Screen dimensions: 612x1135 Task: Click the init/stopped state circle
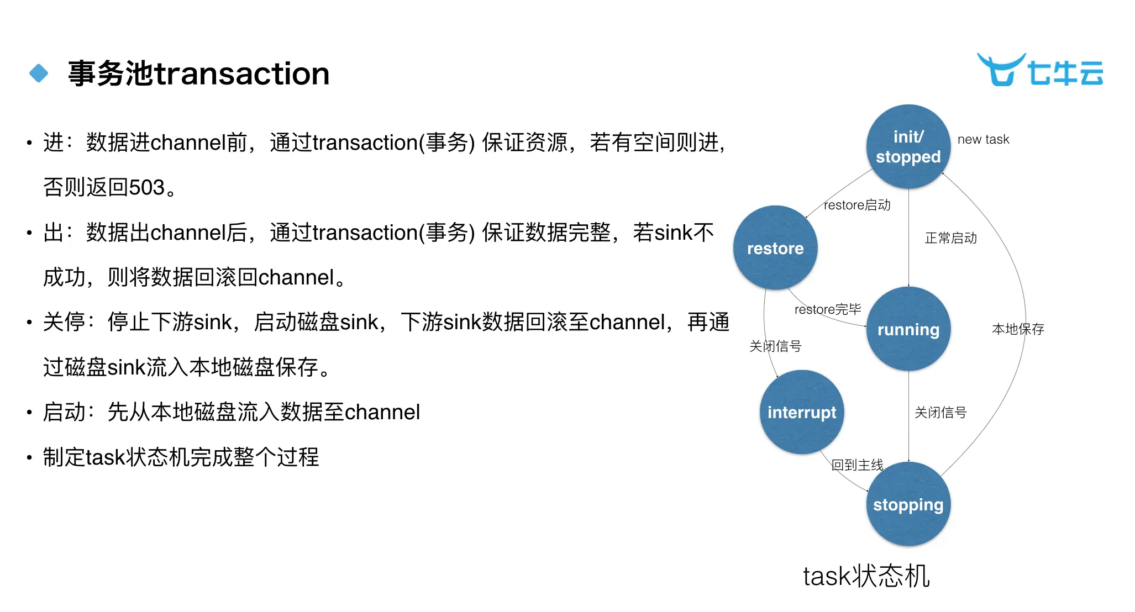[x=908, y=146]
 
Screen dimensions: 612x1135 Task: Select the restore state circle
[x=775, y=248]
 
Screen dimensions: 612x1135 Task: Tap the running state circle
[x=908, y=329]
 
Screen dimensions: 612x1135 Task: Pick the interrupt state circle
[x=802, y=412]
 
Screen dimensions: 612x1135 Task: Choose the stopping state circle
[x=908, y=504]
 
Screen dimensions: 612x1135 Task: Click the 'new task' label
[x=983, y=139]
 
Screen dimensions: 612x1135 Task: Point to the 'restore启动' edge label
[x=857, y=205]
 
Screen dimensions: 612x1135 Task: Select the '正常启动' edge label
[x=950, y=238]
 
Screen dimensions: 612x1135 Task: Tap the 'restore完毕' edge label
[x=828, y=309]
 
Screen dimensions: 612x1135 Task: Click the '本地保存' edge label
[x=1018, y=329]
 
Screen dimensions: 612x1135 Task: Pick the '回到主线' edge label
[x=857, y=465]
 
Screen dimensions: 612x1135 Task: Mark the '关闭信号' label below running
[x=940, y=413]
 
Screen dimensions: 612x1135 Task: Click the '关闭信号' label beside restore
[x=775, y=346]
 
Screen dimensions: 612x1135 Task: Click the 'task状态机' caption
[x=866, y=576]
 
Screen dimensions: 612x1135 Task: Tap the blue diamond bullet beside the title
[x=39, y=73]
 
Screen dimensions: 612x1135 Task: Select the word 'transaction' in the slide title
[x=242, y=73]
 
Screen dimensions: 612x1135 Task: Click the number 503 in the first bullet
[x=147, y=188]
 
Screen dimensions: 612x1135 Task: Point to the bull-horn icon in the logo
[x=1000, y=70]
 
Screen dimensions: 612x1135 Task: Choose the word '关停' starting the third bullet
[x=64, y=322]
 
